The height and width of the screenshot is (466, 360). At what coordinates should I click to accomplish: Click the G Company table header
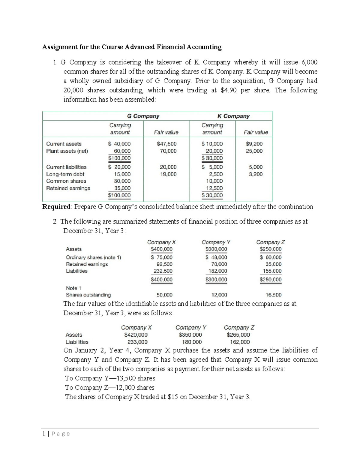pyautogui.click(x=143, y=116)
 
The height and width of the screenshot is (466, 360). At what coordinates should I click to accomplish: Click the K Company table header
pyautogui.click(x=233, y=116)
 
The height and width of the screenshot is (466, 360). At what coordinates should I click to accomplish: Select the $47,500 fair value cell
pyautogui.click(x=166, y=144)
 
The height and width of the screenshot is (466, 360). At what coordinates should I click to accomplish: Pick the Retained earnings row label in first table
pyautogui.click(x=68, y=188)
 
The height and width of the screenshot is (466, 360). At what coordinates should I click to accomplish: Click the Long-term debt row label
pyautogui.click(x=65, y=174)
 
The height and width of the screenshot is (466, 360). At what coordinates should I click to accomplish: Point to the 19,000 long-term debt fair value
pyautogui.click(x=168, y=174)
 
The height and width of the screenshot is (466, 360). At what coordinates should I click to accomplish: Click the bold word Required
pyautogui.click(x=56, y=207)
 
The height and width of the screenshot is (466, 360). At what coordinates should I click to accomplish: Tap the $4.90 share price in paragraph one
pyautogui.click(x=228, y=90)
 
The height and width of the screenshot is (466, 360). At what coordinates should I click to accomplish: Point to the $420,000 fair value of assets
pyautogui.click(x=136, y=335)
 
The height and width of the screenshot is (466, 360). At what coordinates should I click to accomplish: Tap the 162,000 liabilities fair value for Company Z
pyautogui.click(x=240, y=342)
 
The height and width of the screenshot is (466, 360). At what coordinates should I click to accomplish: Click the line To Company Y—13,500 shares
pyautogui.click(x=110, y=378)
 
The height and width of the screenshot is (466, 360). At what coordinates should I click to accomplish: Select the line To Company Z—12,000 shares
pyautogui.click(x=110, y=387)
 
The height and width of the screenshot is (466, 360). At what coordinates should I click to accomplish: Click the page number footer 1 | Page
pyautogui.click(x=56, y=434)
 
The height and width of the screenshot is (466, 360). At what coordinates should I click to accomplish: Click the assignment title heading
pyautogui.click(x=132, y=47)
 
